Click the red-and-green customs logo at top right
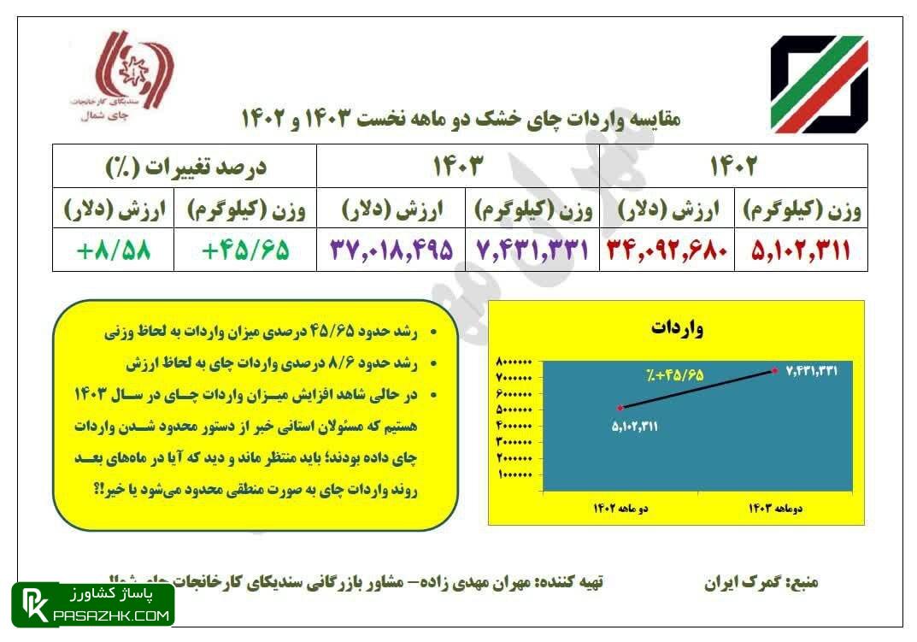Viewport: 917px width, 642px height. tap(819, 84)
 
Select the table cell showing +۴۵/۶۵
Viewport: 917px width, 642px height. tap(244, 250)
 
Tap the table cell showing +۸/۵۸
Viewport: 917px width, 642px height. tap(113, 250)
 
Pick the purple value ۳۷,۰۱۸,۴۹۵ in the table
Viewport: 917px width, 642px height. tap(391, 250)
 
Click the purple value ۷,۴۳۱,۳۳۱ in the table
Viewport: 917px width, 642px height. tap(532, 250)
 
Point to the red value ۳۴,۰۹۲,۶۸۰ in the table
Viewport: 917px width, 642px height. tap(667, 250)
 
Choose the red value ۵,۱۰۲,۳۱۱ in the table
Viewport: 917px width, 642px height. tap(801, 250)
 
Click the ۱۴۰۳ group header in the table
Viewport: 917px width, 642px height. tap(458, 166)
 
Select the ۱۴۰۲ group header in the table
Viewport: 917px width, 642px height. tap(732, 166)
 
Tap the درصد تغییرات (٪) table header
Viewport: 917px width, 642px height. tap(184, 166)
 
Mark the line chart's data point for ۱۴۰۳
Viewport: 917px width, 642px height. tap(774, 370)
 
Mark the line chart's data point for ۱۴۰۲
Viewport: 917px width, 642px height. tap(620, 407)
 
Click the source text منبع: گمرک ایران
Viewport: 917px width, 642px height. tap(761, 583)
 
